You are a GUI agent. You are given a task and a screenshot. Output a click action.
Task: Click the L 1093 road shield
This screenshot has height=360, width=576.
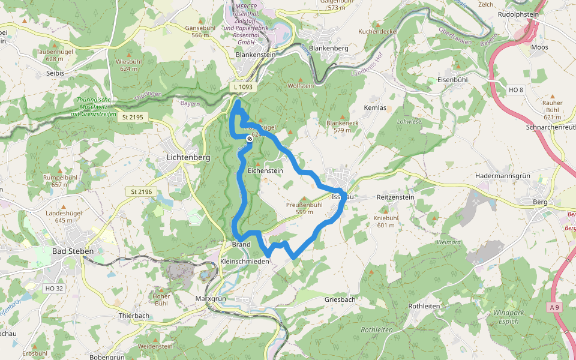point(244,87)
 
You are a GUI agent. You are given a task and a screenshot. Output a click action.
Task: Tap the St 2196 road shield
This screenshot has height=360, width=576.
point(142,191)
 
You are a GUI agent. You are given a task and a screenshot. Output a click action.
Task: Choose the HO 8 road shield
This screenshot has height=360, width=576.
point(515,90)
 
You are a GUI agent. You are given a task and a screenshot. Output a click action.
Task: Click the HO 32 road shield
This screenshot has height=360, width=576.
point(53,289)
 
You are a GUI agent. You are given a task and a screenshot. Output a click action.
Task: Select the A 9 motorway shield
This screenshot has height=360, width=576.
point(556,307)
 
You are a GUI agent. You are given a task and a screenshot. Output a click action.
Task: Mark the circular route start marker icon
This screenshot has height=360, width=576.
point(250,139)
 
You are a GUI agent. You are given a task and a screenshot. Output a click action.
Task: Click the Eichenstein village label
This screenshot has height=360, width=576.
point(265,171)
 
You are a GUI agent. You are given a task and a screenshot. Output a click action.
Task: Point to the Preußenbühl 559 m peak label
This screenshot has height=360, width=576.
point(305,208)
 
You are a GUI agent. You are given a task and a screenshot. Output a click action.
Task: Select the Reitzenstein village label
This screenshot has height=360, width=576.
point(395,197)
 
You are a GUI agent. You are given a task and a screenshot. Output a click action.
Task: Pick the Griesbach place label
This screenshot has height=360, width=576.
point(340,299)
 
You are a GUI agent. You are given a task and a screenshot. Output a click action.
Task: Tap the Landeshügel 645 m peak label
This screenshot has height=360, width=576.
point(59,217)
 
